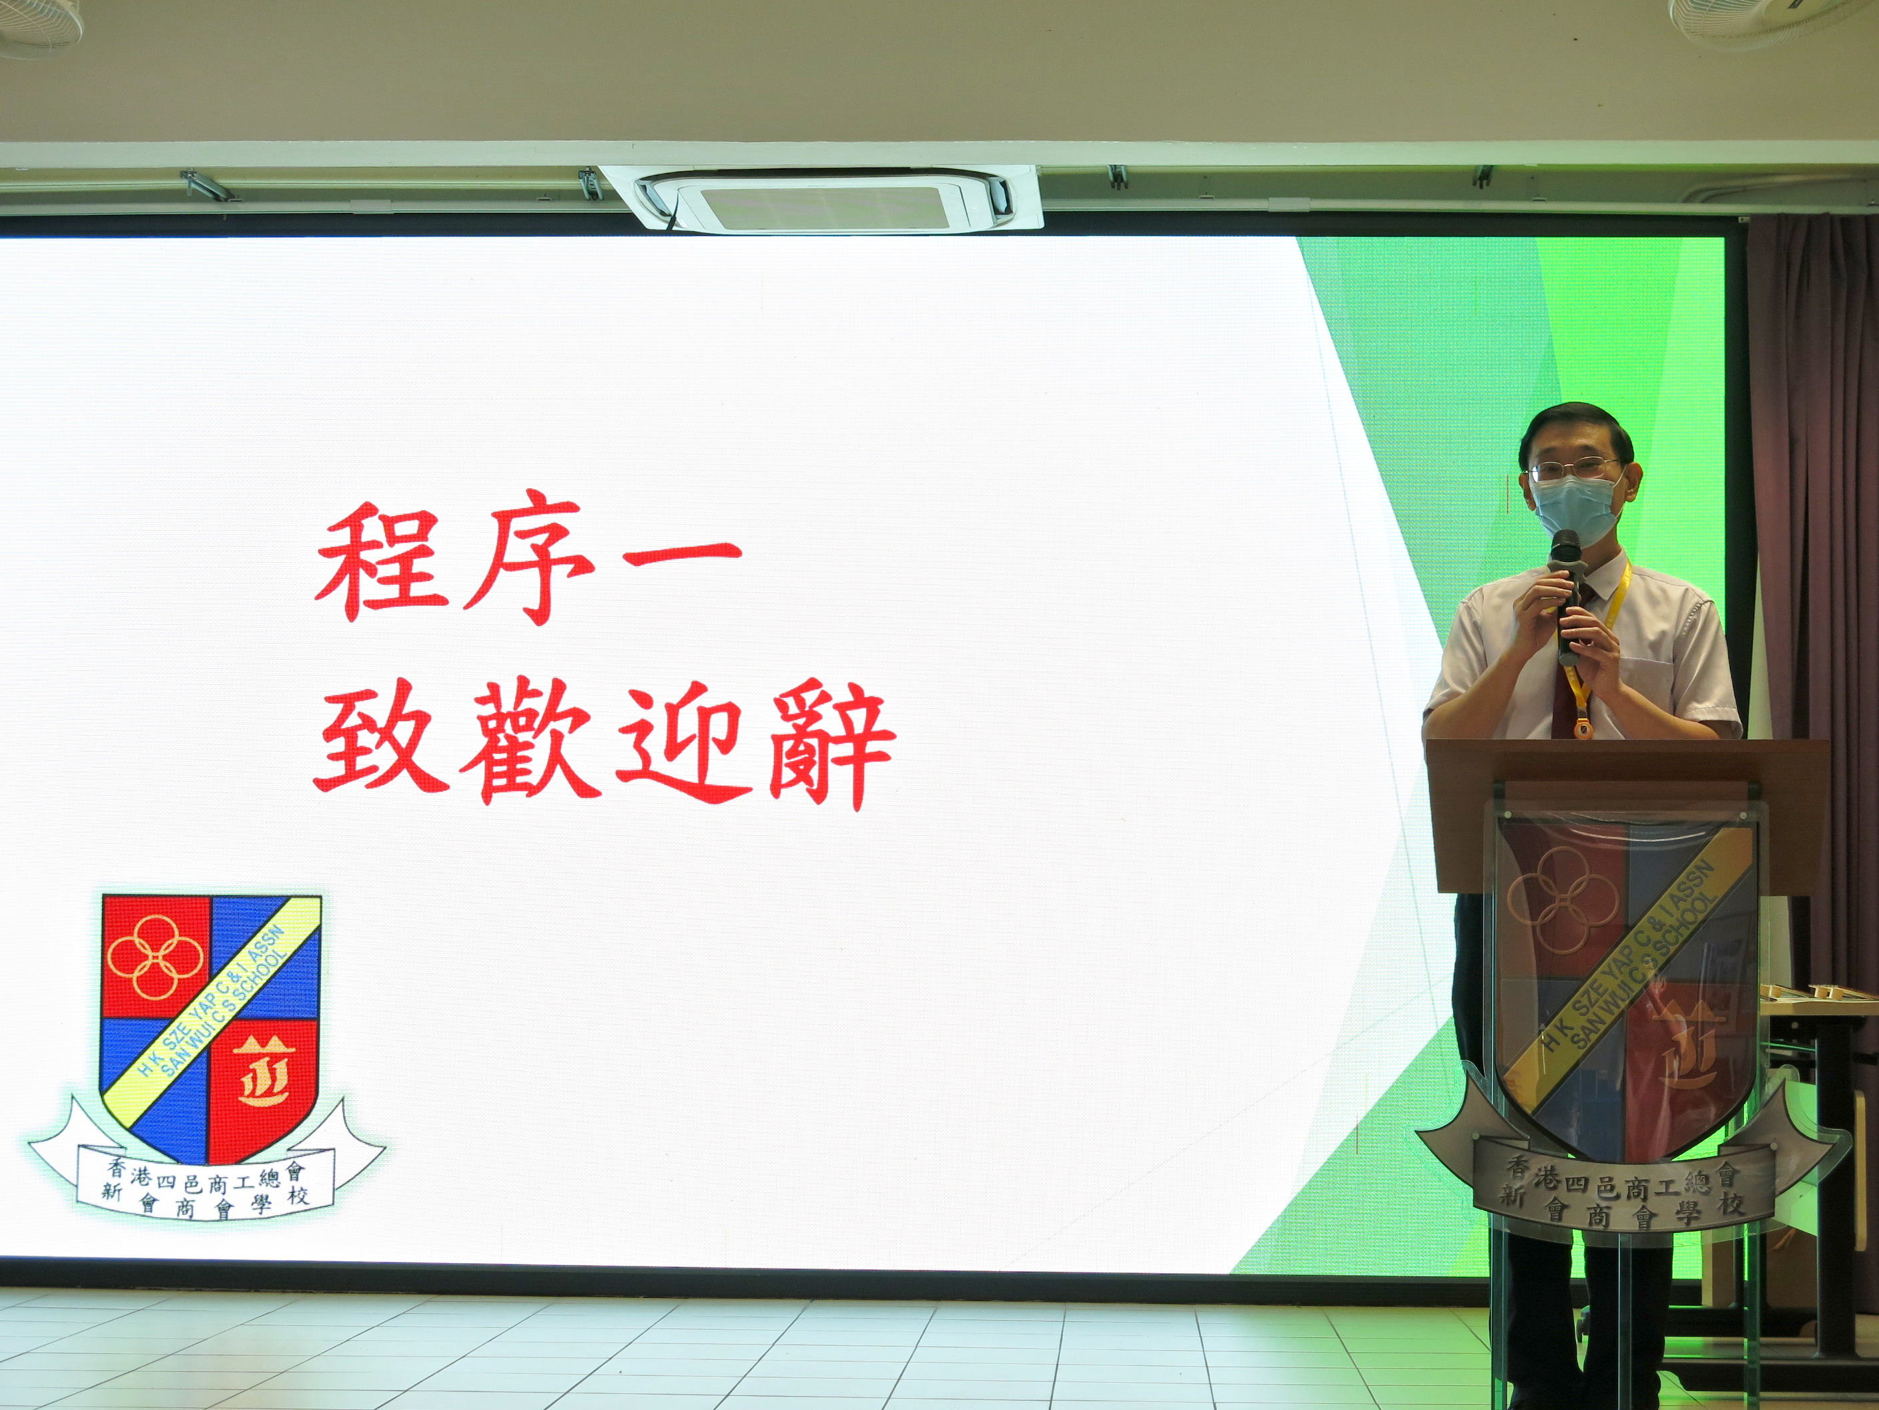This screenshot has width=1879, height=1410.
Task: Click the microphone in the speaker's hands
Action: coord(1568,595)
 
